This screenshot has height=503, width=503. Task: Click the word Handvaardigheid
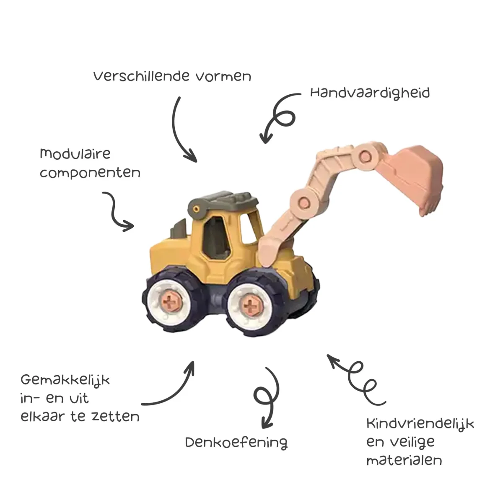(370, 93)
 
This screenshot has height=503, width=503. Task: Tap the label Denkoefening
(236, 443)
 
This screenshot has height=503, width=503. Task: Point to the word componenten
(90, 173)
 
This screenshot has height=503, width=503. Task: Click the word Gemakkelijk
(65, 381)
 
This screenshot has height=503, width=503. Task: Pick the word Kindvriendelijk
(420, 424)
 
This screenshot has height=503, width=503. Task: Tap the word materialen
(404, 460)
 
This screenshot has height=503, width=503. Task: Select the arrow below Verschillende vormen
(181, 130)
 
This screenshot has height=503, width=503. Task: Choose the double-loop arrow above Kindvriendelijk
(356, 377)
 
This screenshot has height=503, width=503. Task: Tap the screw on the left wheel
(171, 301)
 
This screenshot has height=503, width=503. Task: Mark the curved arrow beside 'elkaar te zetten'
(172, 388)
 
